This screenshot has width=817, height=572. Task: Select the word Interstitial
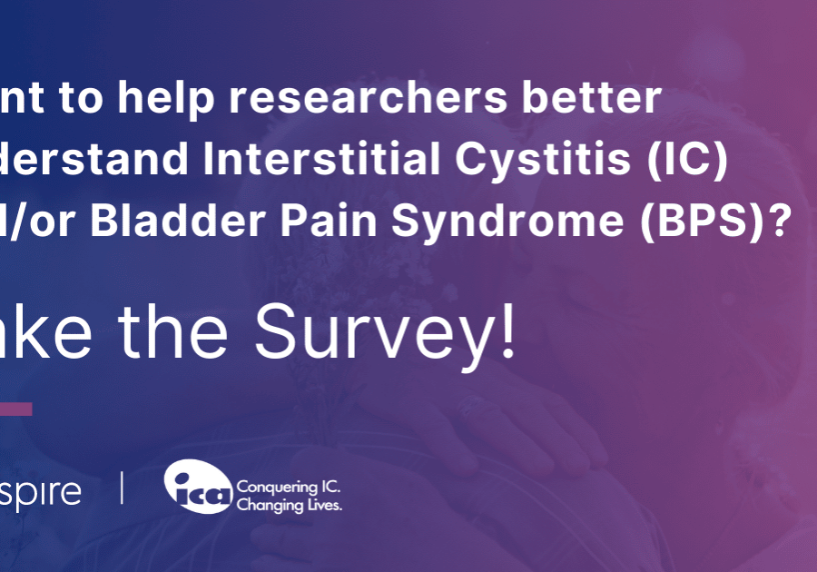[287, 159]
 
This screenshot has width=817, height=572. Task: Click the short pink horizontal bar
[15, 409]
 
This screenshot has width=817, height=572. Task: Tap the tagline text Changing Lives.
[289, 505]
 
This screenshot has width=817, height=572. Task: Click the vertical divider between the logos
[123, 488]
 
